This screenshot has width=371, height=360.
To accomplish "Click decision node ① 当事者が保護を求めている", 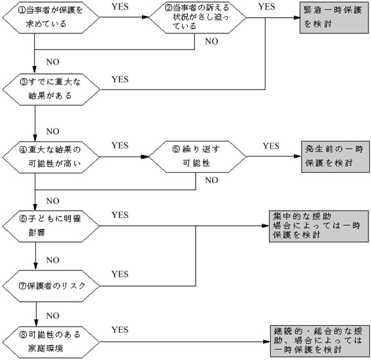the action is click(51, 17).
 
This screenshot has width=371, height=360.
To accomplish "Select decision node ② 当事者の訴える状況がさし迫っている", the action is click(198, 17).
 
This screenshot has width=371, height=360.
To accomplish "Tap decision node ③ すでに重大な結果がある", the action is click(51, 90).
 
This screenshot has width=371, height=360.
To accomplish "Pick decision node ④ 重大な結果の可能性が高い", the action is click(51, 157).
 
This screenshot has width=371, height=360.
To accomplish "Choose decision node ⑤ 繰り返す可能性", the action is click(198, 156).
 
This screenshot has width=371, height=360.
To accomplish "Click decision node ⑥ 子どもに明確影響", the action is click(51, 226).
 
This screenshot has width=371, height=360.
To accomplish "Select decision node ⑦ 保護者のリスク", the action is click(51, 286).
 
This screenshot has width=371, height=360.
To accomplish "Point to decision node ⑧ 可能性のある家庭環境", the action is click(51, 342).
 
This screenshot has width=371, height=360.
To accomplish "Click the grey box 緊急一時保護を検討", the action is click(334, 17).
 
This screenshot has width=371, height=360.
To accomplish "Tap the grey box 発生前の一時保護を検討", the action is click(335, 156).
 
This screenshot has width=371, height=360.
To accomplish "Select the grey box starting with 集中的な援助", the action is click(319, 226).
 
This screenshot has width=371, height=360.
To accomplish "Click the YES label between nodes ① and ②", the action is click(120, 7).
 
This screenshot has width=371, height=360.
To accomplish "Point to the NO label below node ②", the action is click(211, 41).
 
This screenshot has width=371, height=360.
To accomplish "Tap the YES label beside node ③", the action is click(120, 79).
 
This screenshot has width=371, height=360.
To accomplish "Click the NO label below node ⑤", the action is click(211, 181).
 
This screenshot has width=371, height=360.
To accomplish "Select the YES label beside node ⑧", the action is click(120, 330).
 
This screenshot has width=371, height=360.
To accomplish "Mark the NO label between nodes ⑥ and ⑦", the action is click(53, 260).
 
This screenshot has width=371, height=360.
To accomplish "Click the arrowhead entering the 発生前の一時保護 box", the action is click(298, 156).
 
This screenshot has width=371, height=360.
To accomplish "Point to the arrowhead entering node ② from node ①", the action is click(145, 17).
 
